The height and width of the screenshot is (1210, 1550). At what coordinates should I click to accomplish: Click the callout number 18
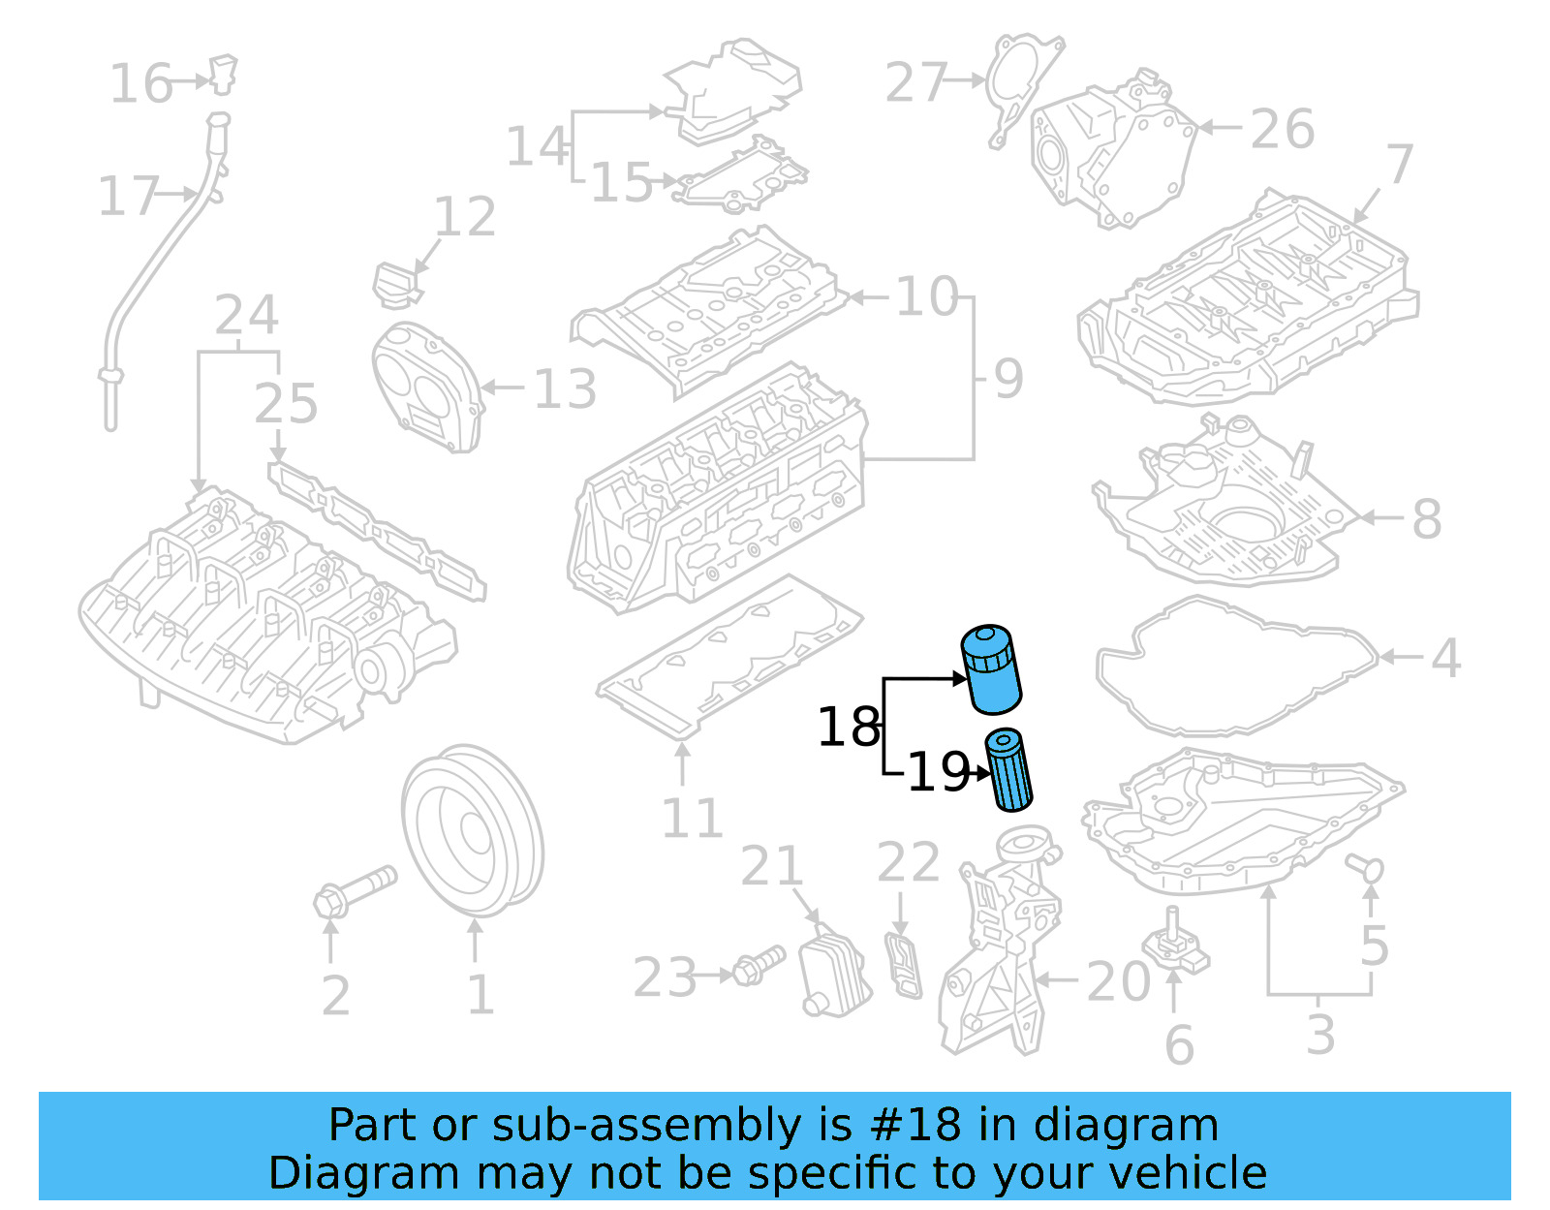coord(849,728)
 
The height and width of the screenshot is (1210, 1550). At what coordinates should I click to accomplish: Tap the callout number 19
coord(938,773)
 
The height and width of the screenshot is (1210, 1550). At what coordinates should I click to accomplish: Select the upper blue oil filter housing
coord(991,669)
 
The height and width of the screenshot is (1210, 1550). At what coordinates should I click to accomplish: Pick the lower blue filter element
coord(1009,770)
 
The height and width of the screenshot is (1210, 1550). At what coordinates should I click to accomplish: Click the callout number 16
coord(140,83)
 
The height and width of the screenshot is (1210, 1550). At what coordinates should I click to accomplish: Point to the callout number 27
coord(915,82)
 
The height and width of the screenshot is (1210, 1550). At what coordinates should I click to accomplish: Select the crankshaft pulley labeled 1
coord(472,830)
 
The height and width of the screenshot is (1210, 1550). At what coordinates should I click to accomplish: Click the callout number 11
coord(692,819)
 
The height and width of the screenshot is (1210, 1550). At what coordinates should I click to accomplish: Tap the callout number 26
coord(1282,129)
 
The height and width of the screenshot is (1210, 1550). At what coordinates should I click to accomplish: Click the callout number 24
coord(246,315)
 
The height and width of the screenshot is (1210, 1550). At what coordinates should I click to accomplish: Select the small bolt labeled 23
coord(758,965)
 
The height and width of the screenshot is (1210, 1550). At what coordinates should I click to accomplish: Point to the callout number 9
coord(1007,379)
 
